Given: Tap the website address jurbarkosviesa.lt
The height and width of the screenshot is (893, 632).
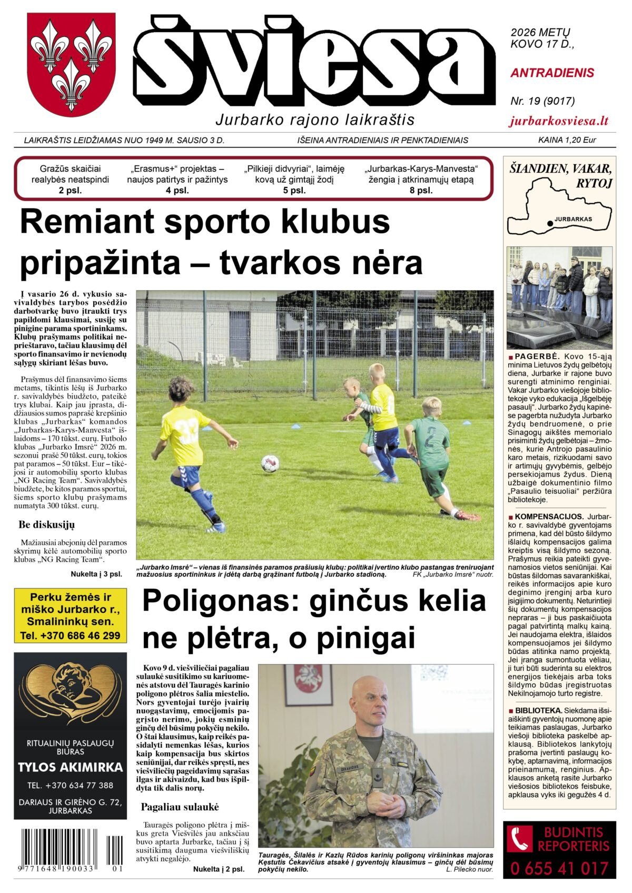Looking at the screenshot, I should [x=559, y=121].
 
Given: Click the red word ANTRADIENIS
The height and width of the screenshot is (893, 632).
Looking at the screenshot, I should [x=552, y=73].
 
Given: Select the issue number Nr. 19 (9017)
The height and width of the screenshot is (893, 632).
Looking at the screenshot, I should [x=542, y=101].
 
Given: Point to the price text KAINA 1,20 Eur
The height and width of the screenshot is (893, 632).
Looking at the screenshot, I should [x=567, y=140].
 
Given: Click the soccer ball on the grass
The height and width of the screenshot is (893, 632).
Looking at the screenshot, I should [x=270, y=463].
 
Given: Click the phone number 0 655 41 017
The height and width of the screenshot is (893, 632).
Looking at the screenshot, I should [x=559, y=868].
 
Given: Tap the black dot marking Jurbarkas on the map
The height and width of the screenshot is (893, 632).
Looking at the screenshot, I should [x=550, y=223].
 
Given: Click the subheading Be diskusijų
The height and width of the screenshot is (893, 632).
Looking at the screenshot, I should [x=46, y=525].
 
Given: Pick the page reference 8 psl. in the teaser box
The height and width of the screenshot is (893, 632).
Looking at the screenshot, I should [x=421, y=191].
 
